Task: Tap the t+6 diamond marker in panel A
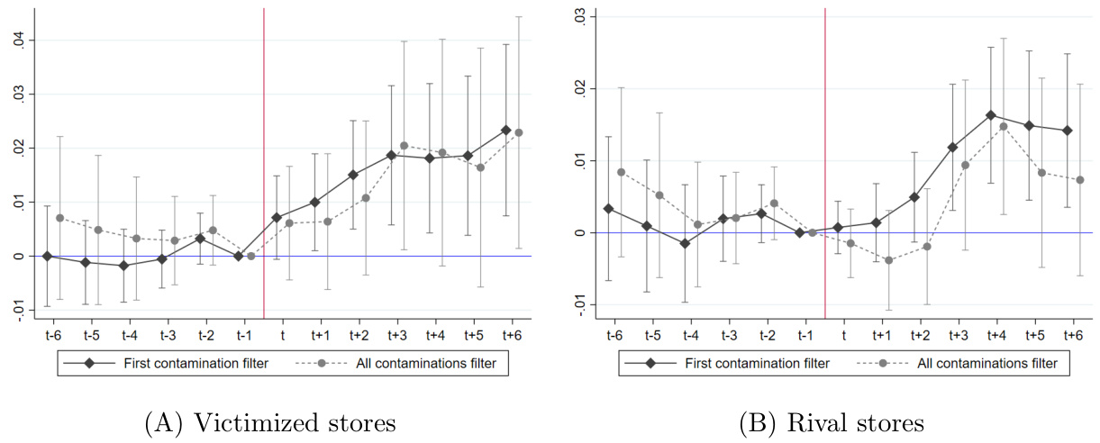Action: click(x=505, y=130)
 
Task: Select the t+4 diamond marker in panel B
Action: click(x=991, y=115)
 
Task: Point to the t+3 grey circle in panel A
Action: click(x=404, y=146)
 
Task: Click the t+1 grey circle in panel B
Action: click(x=888, y=260)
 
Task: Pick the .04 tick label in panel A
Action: click(x=20, y=41)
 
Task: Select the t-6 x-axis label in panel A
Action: click(x=53, y=335)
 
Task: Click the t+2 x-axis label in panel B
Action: click(x=920, y=335)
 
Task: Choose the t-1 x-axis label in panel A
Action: click(x=244, y=335)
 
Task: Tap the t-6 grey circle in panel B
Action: click(x=621, y=172)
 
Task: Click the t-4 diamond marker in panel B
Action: click(x=685, y=243)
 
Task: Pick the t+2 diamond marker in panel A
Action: click(x=353, y=175)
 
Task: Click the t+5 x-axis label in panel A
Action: click(x=474, y=335)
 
